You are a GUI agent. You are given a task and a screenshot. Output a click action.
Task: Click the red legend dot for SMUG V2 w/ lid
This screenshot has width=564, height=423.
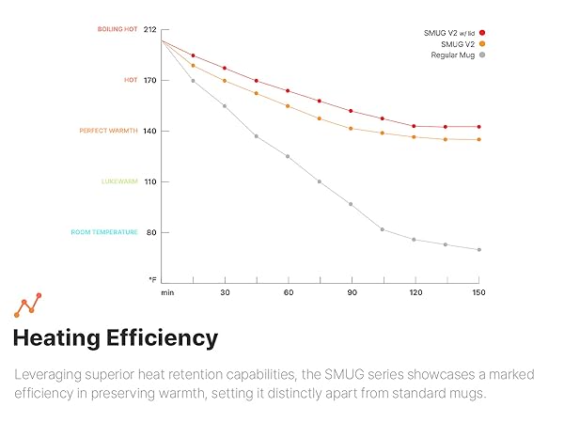pyautogui.click(x=482, y=33)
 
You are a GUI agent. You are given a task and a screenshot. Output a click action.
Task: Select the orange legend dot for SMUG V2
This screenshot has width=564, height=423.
pyautogui.click(x=482, y=44)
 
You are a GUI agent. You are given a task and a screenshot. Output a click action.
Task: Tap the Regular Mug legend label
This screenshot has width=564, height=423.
pyautogui.click(x=453, y=55)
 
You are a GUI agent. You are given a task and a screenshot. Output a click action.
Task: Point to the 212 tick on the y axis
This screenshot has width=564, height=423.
pyautogui.click(x=149, y=29)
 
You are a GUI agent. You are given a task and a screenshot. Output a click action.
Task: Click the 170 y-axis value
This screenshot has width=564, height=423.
pyautogui.click(x=149, y=80)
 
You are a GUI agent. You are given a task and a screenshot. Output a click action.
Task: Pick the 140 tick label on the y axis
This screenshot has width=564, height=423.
pyautogui.click(x=149, y=131)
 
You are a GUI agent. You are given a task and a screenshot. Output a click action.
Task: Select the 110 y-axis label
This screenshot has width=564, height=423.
pyautogui.click(x=149, y=181)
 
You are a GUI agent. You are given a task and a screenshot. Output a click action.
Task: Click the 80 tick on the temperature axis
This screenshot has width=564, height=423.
pyautogui.click(x=150, y=232)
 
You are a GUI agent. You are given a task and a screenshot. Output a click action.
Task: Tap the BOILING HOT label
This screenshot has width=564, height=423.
pyautogui.click(x=117, y=29)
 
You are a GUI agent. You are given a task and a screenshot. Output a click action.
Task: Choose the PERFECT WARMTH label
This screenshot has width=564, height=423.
pyautogui.click(x=108, y=131)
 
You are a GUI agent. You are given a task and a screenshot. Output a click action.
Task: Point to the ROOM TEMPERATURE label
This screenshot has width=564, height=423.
pyautogui.click(x=104, y=232)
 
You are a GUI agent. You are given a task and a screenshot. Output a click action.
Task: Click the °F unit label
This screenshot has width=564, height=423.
pyautogui.click(x=151, y=280)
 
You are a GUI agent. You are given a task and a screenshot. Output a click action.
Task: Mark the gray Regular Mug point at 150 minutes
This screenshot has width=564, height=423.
pyautogui.click(x=478, y=249)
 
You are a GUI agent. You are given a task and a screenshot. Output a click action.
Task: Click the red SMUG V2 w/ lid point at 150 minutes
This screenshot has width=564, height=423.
pyautogui.click(x=478, y=127)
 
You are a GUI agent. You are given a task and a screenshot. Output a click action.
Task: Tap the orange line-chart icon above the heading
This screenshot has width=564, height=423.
pyautogui.click(x=27, y=305)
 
